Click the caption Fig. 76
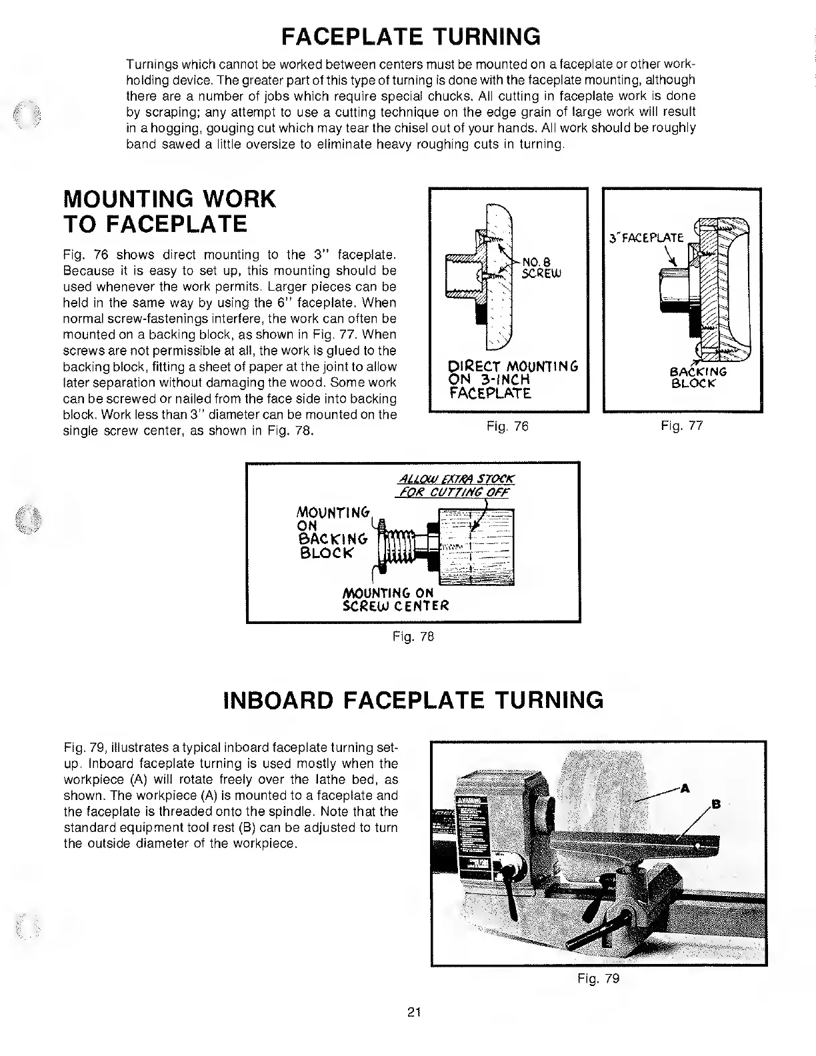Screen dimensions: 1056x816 click(507, 426)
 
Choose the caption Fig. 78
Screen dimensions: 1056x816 click(413, 637)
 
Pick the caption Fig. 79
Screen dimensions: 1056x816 click(598, 979)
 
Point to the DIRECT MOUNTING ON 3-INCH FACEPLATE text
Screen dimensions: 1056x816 click(503, 380)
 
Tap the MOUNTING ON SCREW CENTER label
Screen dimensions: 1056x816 click(395, 599)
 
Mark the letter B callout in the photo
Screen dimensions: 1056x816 click(716, 803)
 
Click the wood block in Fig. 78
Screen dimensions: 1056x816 click(475, 547)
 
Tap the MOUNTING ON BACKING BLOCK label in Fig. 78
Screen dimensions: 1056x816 click(331, 533)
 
